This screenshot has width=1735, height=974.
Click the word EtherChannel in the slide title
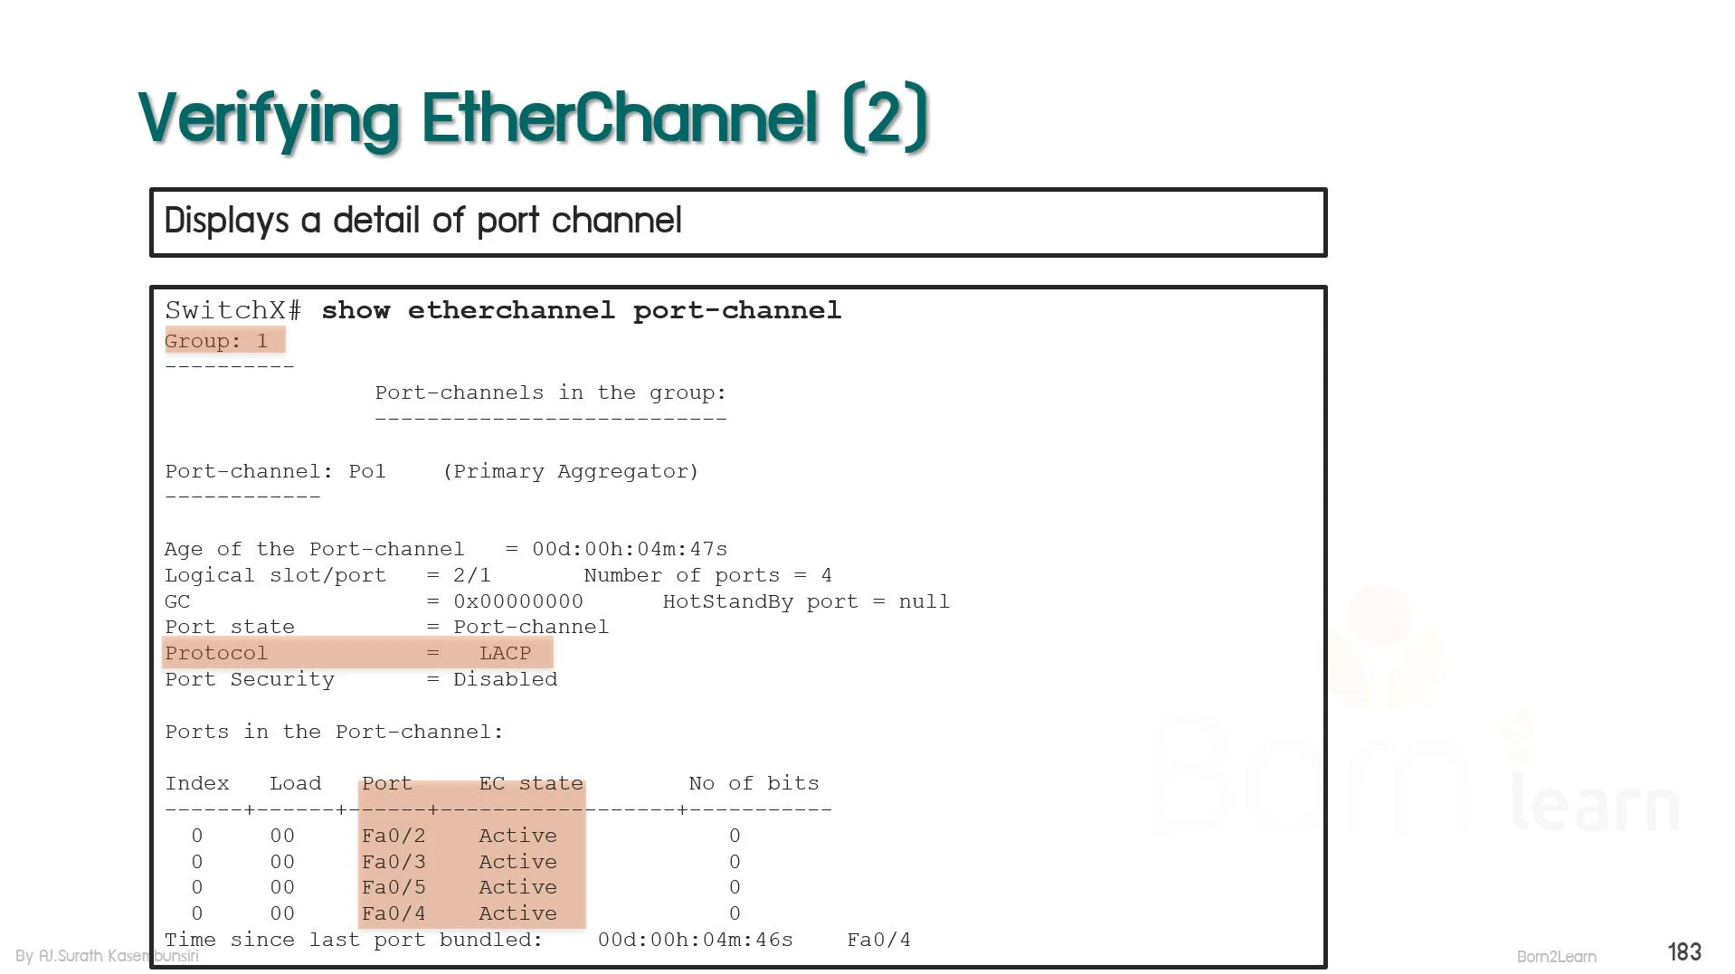[x=620, y=117]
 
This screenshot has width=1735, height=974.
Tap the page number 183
[x=1684, y=951]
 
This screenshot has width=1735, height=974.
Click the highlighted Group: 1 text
[x=217, y=341]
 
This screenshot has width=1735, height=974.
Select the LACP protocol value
[x=505, y=653]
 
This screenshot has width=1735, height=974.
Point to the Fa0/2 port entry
[x=393, y=836]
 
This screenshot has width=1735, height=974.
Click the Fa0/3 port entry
[x=393, y=862]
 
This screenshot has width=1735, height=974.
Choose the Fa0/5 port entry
[x=393, y=887]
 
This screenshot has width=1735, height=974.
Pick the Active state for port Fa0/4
[x=517, y=913]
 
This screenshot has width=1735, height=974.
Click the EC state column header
[x=531, y=783]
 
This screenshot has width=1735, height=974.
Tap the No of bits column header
[x=754, y=783]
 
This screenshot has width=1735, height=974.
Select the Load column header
[x=295, y=783]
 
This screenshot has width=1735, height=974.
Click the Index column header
[x=197, y=783]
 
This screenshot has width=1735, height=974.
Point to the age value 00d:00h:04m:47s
[x=630, y=549]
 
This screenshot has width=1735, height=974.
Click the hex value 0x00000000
[x=518, y=601]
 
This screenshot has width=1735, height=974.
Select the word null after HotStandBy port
[x=924, y=601]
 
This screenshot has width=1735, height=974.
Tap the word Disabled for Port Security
[x=506, y=679]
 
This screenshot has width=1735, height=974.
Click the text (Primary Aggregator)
[x=571, y=471]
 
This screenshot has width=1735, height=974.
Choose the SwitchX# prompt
[x=233, y=310]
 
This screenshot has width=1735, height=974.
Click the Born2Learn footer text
[x=1557, y=956]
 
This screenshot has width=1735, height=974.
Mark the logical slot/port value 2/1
[x=472, y=575]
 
